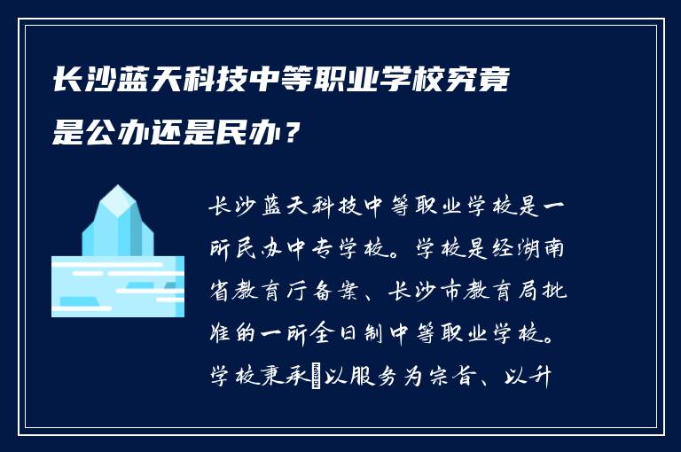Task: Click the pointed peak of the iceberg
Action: (114, 188)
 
